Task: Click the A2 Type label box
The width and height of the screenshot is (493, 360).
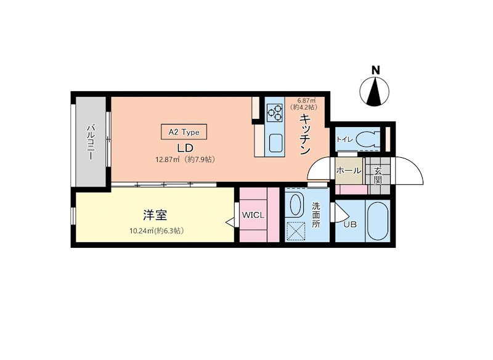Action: [x=184, y=132]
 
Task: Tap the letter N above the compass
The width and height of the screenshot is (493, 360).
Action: [x=375, y=70]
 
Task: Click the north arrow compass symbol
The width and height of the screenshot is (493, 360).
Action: [x=374, y=91]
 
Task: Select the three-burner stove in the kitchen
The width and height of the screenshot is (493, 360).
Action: [x=275, y=113]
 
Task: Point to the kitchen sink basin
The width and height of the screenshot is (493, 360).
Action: [x=275, y=143]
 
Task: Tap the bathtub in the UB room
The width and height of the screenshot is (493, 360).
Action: [x=378, y=221]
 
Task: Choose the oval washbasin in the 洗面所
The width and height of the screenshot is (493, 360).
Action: [x=295, y=205]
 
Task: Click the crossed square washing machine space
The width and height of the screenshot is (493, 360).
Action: [x=296, y=231]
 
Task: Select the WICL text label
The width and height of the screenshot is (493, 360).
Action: [x=253, y=216]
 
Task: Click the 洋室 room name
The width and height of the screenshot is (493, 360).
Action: [x=155, y=215]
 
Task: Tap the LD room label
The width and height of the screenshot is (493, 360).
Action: [x=185, y=148]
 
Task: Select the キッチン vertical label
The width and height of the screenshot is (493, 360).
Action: [x=305, y=134]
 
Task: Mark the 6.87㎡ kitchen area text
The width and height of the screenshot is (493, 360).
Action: [x=306, y=100]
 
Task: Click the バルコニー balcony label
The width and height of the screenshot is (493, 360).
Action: [x=91, y=142]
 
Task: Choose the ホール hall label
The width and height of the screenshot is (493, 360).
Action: [x=349, y=171]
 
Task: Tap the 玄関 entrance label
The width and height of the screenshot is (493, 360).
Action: [x=378, y=176]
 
